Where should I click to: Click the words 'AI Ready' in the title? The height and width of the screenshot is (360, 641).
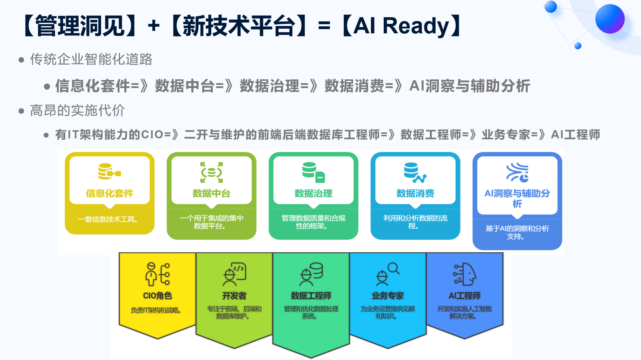(x=402, y=26)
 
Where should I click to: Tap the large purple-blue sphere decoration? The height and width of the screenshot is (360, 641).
(x=610, y=19)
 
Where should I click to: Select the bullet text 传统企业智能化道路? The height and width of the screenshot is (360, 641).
(x=91, y=59)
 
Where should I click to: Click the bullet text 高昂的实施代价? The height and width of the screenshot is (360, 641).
(x=78, y=111)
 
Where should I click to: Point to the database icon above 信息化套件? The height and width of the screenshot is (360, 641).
(x=110, y=171)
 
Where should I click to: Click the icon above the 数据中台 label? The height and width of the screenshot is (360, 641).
(x=212, y=172)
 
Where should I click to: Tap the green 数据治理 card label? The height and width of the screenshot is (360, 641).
(x=313, y=193)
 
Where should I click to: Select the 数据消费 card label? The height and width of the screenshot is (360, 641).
(x=415, y=193)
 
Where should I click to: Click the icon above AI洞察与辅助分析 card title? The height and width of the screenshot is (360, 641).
(x=517, y=172)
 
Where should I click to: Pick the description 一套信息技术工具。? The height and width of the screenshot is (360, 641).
(x=108, y=219)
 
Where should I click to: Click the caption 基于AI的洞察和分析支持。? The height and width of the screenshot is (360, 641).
(x=517, y=232)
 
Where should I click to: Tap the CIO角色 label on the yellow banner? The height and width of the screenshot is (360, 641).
(x=157, y=296)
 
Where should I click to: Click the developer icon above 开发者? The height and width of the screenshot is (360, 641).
(x=234, y=274)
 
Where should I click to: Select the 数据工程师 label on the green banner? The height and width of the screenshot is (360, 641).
(x=311, y=296)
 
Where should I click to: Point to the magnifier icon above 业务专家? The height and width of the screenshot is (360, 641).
(x=388, y=274)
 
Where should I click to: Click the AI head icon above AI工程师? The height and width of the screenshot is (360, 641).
(x=464, y=274)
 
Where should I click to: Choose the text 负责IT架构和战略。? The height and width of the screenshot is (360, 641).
(x=156, y=310)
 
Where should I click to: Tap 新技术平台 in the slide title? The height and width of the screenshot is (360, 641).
(x=239, y=26)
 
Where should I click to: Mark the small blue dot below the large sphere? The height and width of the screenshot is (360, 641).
(x=578, y=46)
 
